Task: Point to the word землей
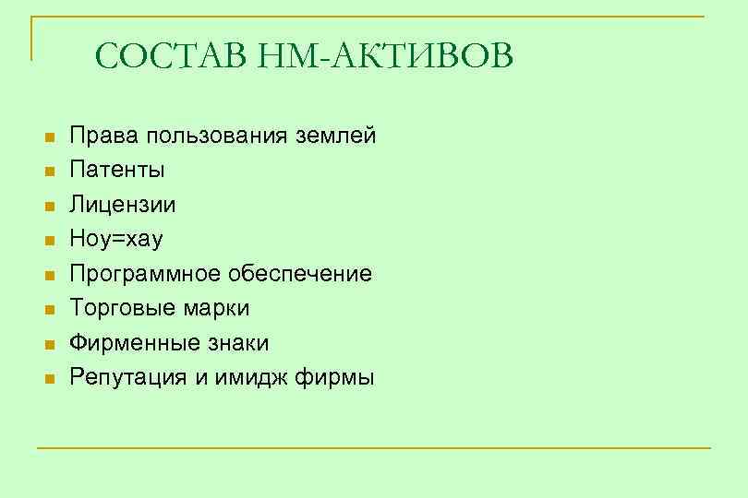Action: click(x=336, y=136)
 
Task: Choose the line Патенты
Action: click(x=118, y=171)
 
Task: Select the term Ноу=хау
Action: click(x=116, y=240)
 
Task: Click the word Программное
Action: click(x=144, y=274)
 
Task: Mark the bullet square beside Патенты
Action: click(x=51, y=172)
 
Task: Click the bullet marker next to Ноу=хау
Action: click(x=51, y=241)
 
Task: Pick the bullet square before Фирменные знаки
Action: click(x=51, y=344)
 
